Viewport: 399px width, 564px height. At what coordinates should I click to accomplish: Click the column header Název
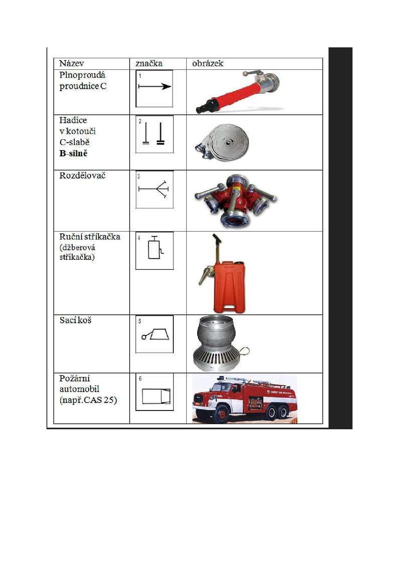tap(71, 63)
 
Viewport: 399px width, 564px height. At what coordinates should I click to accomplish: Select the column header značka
tap(149, 63)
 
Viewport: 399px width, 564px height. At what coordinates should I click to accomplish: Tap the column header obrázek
tap(208, 63)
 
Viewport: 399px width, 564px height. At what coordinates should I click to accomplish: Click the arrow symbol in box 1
tap(155, 86)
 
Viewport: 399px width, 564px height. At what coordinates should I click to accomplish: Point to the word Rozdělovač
tap(82, 176)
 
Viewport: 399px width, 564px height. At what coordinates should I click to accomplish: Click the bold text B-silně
tap(73, 153)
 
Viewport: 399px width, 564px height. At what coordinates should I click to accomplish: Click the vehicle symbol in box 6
tap(156, 396)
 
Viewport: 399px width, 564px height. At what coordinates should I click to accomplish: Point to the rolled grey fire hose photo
tap(222, 142)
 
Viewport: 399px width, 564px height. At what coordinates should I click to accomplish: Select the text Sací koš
tap(76, 320)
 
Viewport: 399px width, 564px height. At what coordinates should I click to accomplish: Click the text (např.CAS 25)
tap(88, 400)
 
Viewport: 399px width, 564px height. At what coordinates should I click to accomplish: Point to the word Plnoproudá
tap(82, 75)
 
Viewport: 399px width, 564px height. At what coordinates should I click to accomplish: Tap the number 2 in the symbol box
tap(140, 122)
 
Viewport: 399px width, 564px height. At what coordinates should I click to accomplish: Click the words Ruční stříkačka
tap(90, 237)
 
